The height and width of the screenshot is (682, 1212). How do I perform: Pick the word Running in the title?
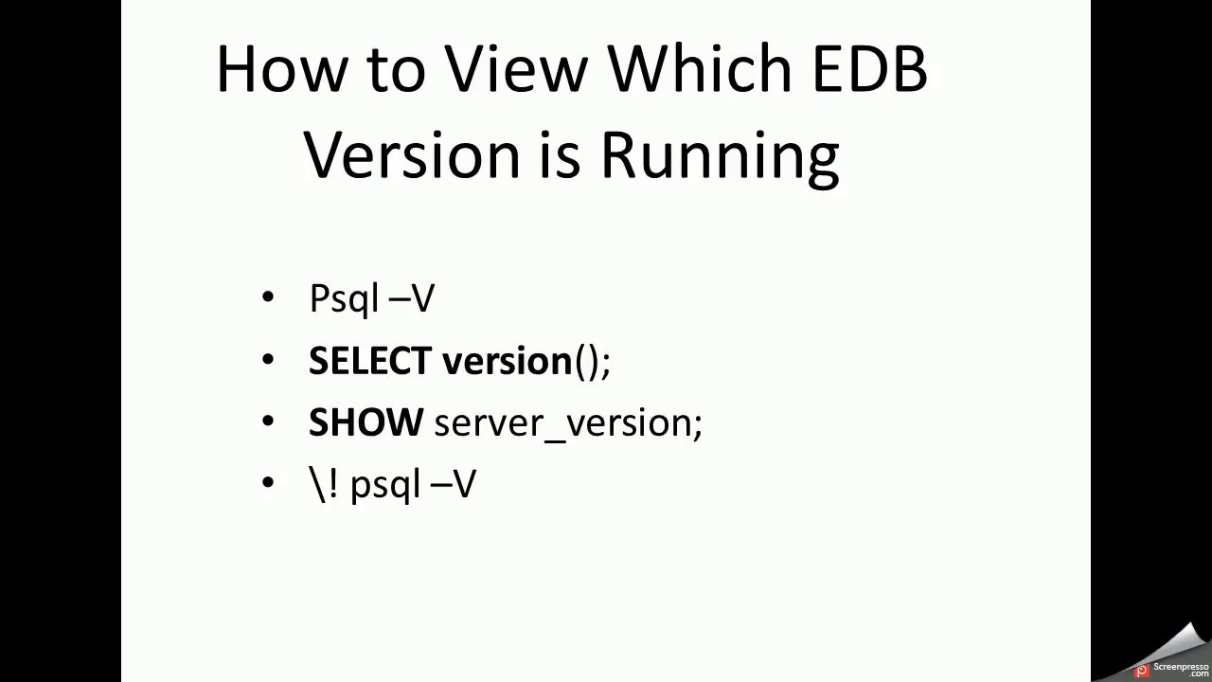coord(720,155)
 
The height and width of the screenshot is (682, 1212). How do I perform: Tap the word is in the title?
coord(560,153)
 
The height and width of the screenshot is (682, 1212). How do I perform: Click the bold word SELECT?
coord(369,361)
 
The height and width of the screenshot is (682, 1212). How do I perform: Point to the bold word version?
coord(507,361)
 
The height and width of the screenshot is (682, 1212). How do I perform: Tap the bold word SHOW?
coord(365,422)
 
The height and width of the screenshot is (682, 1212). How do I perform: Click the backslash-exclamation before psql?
coord(324,484)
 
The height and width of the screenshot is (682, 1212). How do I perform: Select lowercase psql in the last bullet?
coord(384,486)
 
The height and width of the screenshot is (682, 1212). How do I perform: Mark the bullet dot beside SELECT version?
coord(268,360)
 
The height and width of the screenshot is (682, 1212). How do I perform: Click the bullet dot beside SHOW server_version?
coord(268,422)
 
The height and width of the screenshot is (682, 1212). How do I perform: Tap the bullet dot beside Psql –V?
coord(268,297)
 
